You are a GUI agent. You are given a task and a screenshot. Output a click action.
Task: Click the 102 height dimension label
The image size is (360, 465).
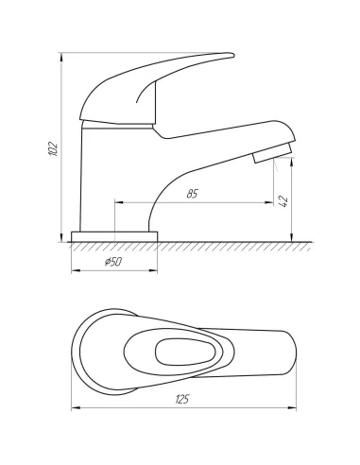coord(53,149)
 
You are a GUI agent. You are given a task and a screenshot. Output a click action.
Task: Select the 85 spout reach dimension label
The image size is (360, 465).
coord(192,194)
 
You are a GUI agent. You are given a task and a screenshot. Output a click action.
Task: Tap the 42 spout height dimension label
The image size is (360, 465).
coord(283,201)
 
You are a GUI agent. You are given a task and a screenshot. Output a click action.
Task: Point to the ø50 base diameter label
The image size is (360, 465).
coord(113,262)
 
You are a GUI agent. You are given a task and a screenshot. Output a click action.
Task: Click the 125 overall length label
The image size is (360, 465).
coord(181,399)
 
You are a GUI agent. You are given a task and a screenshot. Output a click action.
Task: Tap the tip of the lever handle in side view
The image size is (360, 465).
coord(233,56)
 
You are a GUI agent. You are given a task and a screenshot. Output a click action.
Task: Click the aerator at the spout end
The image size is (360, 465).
coord(273,153)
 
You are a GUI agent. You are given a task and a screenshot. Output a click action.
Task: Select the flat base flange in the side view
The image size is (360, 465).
coord(114,237)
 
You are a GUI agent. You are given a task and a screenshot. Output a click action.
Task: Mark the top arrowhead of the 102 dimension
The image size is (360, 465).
coord(61,56)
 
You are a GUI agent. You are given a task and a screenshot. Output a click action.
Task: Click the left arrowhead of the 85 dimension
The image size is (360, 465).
coord(118,202)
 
